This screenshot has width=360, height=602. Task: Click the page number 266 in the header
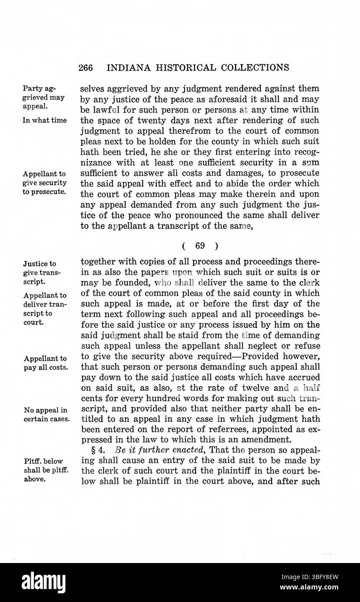87,68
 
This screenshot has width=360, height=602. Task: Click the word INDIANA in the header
125,68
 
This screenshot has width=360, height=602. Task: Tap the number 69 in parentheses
200,246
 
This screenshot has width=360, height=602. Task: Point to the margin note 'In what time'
45,120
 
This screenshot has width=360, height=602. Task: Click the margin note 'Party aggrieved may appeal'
44,97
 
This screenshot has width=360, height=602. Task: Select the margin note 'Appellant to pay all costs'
45,363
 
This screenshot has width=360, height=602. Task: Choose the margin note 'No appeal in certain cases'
46,415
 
